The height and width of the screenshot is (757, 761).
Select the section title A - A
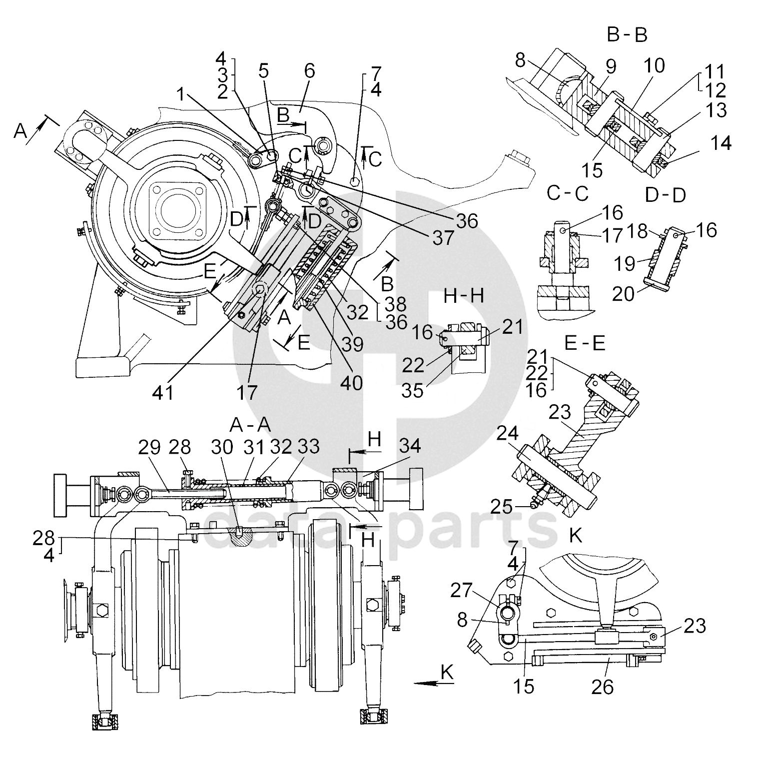click(250, 425)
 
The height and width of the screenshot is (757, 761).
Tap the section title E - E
click(584, 343)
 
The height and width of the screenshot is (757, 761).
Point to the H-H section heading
click(464, 296)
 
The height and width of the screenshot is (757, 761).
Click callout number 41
click(163, 392)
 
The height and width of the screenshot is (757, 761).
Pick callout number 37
click(443, 237)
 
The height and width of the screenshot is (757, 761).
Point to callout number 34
click(410, 447)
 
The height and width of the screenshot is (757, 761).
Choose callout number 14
click(720, 143)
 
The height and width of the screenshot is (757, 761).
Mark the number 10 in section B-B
click(654, 65)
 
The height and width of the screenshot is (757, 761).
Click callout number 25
click(501, 507)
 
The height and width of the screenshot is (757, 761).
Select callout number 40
click(352, 383)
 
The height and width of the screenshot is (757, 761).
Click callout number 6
click(309, 71)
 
